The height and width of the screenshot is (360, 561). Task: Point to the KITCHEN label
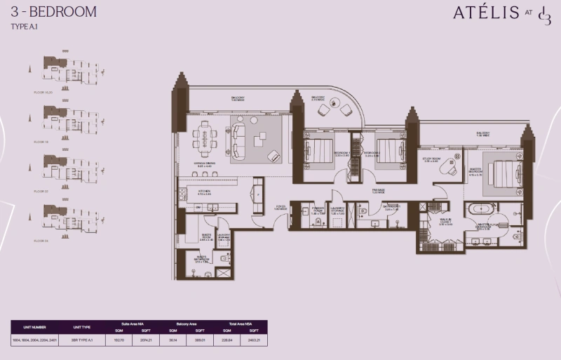tap(203, 191)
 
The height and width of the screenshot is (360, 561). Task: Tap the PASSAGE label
tap(379, 191)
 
